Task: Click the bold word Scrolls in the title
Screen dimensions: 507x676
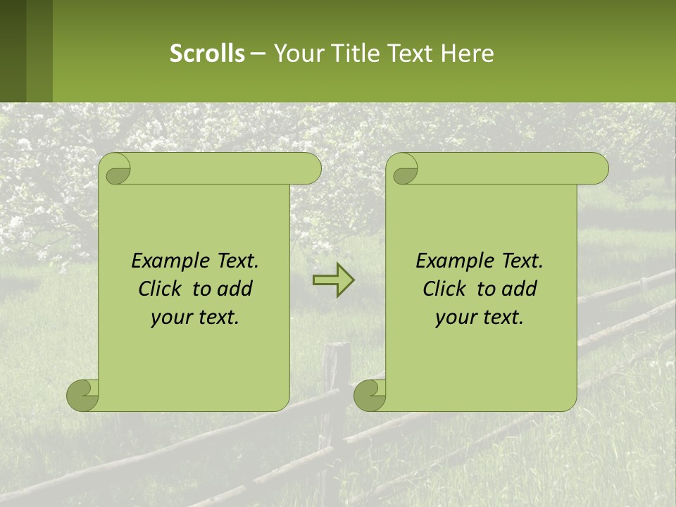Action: pyautogui.click(x=207, y=54)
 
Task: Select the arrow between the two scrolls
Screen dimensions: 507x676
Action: pyautogui.click(x=333, y=280)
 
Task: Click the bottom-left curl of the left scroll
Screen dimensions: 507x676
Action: pyautogui.click(x=82, y=395)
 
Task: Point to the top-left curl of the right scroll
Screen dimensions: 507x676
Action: pyautogui.click(x=403, y=170)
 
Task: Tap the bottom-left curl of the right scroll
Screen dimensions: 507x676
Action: pyautogui.click(x=369, y=395)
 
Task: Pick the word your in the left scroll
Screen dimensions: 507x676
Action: pyautogui.click(x=170, y=318)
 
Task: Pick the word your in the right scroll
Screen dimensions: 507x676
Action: pyautogui.click(x=455, y=318)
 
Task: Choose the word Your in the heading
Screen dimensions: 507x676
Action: pyautogui.click(x=295, y=54)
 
